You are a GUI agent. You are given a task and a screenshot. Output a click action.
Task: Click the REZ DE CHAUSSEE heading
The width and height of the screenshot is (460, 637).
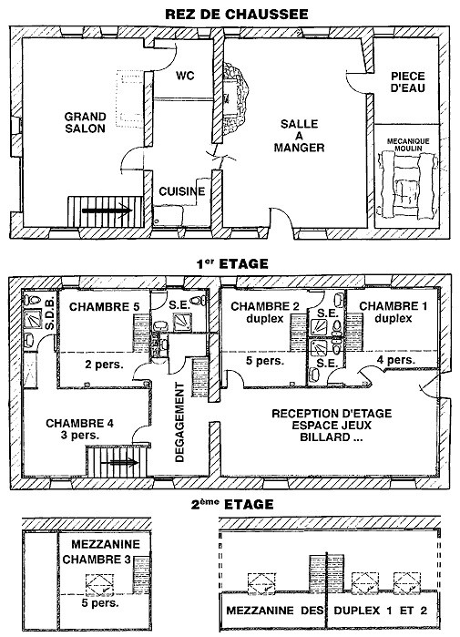[x=236, y=15]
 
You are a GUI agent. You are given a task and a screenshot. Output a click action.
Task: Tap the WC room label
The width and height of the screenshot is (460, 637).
[x=185, y=76]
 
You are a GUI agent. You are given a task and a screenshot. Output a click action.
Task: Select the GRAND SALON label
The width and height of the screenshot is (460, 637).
[x=85, y=123]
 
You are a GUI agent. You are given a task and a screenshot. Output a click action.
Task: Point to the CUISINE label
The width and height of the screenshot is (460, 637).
[x=182, y=191]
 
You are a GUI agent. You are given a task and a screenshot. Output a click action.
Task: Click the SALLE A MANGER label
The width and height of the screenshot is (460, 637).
[x=299, y=136]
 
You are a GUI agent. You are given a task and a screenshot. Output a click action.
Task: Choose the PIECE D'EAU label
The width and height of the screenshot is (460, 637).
[x=408, y=82]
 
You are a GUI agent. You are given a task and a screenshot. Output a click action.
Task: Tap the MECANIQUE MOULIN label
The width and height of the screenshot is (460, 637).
[x=408, y=145]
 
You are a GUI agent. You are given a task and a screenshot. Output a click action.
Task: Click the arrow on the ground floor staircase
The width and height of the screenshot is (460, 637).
[x=107, y=211]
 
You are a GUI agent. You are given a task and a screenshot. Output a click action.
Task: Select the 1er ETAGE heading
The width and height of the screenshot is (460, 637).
[x=232, y=264]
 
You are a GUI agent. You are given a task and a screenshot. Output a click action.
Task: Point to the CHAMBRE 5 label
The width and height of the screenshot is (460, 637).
[x=105, y=307]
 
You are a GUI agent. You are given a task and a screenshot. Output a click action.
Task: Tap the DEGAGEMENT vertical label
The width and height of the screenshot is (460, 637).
[x=179, y=423]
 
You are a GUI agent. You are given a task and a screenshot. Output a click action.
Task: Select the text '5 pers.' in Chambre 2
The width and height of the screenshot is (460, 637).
[x=265, y=361]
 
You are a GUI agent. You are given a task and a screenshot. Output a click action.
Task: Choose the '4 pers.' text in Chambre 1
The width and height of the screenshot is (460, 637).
[x=396, y=360]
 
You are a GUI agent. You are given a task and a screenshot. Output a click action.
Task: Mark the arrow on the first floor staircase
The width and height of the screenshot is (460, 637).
[x=119, y=462]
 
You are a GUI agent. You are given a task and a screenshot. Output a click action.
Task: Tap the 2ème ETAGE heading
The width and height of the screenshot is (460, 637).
[x=232, y=505]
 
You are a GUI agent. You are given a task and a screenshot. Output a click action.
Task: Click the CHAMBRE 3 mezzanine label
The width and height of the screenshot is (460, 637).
[x=97, y=560]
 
